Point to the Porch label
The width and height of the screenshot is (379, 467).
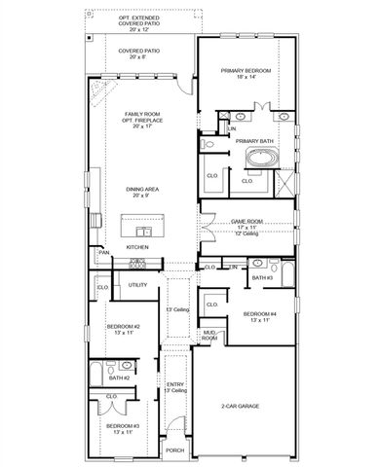pyautogui.click(x=174, y=450)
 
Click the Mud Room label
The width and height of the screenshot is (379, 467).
pyautogui.click(x=208, y=336)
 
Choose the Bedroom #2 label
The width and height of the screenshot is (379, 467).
pyautogui.click(x=124, y=326)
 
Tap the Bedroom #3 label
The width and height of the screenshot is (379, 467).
pyautogui.click(x=124, y=426)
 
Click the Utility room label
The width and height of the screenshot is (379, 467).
pyautogui.click(x=137, y=284)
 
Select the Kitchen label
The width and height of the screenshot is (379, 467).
pyautogui.click(x=137, y=247)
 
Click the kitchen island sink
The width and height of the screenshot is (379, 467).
pyautogui.click(x=143, y=231)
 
